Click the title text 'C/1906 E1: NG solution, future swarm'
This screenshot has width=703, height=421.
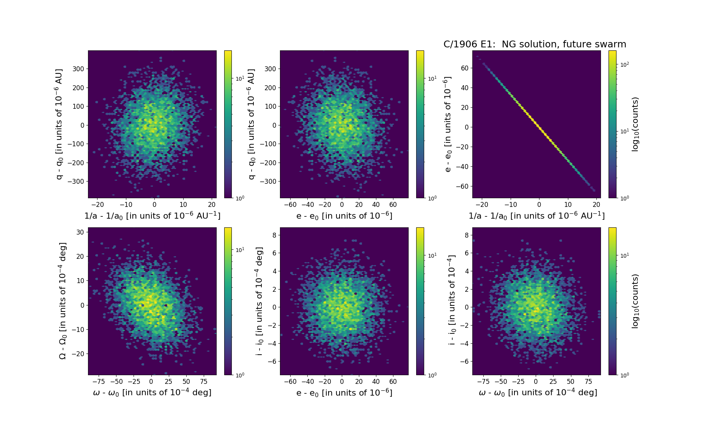pos(535,44)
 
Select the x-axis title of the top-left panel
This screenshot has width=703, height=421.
pos(152,216)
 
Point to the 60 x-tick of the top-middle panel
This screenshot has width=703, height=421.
pos(393,205)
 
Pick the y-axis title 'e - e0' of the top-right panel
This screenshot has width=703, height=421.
pos(448,124)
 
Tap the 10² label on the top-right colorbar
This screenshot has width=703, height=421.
pos(624,64)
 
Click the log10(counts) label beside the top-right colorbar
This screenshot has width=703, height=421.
pos(635,124)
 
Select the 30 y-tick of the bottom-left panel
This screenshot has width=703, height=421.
pos(80,232)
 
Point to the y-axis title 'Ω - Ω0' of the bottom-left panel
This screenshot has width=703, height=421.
pos(63,301)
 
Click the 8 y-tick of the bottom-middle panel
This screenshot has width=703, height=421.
pos(274,235)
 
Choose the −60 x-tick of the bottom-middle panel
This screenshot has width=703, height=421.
pos(291,382)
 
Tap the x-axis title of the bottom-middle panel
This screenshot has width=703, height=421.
pos(344,393)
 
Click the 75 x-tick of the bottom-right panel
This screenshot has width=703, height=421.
pos(588,382)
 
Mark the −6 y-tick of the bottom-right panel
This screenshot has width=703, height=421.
pos(463,362)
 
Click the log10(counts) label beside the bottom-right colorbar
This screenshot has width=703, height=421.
pos(635,301)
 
